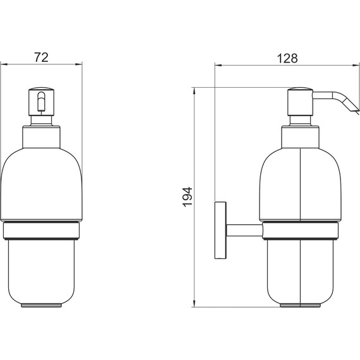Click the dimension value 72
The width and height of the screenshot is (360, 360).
pyautogui.click(x=41, y=57)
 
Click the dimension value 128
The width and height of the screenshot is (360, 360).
pyautogui.click(x=287, y=57)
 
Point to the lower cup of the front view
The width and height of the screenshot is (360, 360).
pyautogui.click(x=42, y=272)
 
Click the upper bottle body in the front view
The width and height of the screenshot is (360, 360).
pyautogui.click(x=42, y=183)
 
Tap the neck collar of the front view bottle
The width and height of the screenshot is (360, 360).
pyautogui.click(x=42, y=135)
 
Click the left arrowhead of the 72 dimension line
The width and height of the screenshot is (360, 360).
pyautogui.click(x=3, y=64)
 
